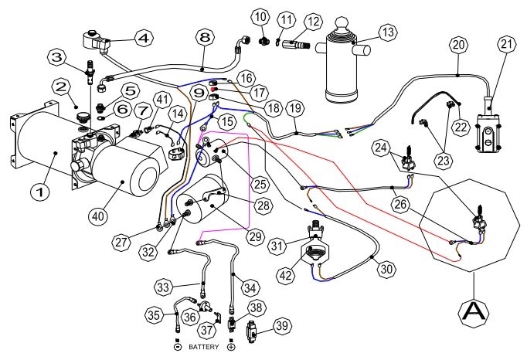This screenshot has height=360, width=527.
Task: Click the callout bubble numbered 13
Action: [388, 32]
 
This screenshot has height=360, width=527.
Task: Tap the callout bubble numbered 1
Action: [40, 192]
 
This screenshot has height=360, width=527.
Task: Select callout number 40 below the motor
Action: [98, 216]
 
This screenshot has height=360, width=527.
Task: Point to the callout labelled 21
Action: [506, 45]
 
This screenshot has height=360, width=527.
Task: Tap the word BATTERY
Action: [204, 347]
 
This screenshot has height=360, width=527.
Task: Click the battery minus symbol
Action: [178, 347]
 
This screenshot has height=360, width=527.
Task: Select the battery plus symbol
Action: [231, 347]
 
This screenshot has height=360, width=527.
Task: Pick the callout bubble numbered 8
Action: [206, 38]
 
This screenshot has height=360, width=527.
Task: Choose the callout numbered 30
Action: [386, 269]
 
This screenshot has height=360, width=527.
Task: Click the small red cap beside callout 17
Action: [213, 89]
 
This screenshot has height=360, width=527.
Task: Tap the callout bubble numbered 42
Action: [286, 275]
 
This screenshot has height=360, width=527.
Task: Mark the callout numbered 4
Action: [144, 39]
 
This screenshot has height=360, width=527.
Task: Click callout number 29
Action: [256, 236]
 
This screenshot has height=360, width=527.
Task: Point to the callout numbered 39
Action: [282, 325]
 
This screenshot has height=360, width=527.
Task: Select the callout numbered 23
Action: [444, 160]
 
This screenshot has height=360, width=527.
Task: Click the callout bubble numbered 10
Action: [260, 16]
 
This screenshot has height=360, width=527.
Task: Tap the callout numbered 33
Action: [164, 287]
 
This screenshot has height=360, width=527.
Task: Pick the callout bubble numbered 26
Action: [400, 204]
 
